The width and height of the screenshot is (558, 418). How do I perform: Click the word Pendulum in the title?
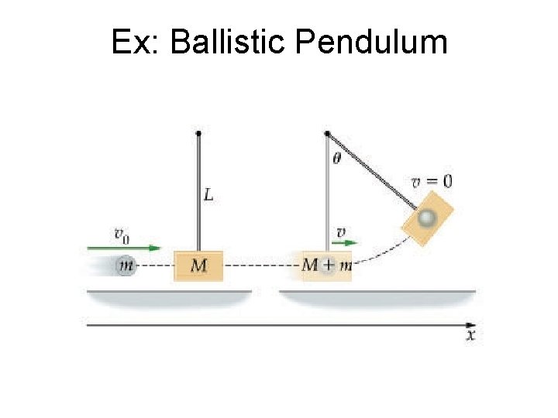tap(371, 42)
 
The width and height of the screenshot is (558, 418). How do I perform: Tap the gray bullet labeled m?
tap(125, 266)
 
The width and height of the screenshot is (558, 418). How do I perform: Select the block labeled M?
tap(199, 266)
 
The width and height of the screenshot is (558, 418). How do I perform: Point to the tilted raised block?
tap(426, 218)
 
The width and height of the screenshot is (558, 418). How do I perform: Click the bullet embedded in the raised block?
tap(425, 218)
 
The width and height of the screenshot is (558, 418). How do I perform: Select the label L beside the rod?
tap(208, 195)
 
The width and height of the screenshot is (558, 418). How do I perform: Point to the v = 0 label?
tap(432, 181)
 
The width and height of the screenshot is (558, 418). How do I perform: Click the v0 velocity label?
tap(122, 233)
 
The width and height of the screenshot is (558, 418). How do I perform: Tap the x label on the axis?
tap(470, 336)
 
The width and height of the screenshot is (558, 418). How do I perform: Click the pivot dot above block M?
tap(199, 133)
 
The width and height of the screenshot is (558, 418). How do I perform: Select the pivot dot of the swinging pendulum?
tap(327, 133)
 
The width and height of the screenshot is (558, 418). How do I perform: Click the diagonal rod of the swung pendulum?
tap(372, 171)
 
